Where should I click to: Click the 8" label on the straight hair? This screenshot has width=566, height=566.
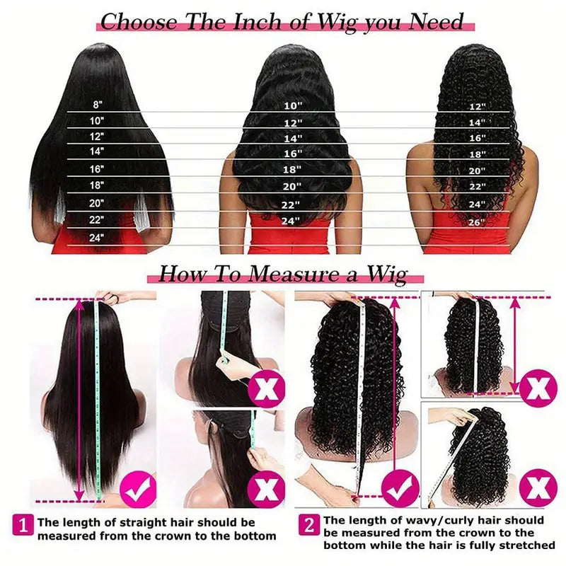tap(97, 105)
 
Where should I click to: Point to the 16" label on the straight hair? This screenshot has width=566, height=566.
tap(97, 169)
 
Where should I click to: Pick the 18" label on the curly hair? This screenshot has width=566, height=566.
tap(478, 154)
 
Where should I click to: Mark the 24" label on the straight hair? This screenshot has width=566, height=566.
tap(97, 238)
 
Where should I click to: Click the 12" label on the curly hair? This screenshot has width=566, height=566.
tap(478, 107)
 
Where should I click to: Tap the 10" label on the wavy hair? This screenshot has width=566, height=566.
tap(293, 105)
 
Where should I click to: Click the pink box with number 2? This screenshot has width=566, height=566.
tap(308, 524)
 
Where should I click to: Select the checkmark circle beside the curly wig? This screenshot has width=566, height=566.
tap(400, 488)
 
